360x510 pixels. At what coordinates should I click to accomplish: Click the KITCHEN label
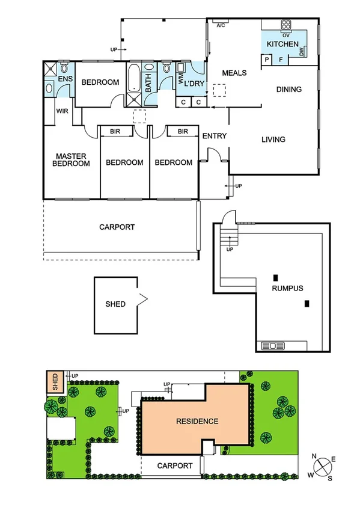[282, 45]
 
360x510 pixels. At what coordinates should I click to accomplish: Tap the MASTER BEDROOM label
[70, 160]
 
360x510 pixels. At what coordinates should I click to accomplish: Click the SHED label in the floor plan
[115, 304]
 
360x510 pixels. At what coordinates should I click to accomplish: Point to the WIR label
[62, 111]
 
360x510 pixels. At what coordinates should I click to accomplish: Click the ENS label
[65, 79]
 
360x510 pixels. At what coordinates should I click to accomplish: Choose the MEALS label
[234, 73]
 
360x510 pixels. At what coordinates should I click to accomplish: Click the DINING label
[288, 90]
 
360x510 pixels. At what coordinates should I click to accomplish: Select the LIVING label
[273, 140]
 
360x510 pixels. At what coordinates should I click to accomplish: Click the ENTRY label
[214, 136]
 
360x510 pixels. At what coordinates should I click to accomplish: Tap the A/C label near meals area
[221, 25]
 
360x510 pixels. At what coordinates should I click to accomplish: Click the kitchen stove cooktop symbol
[286, 25]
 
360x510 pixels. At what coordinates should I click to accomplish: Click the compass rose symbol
[323, 467]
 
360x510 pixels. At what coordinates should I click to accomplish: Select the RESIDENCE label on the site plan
[197, 421]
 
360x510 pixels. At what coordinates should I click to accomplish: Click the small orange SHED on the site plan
[55, 382]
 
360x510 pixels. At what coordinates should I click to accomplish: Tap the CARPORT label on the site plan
[175, 465]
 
